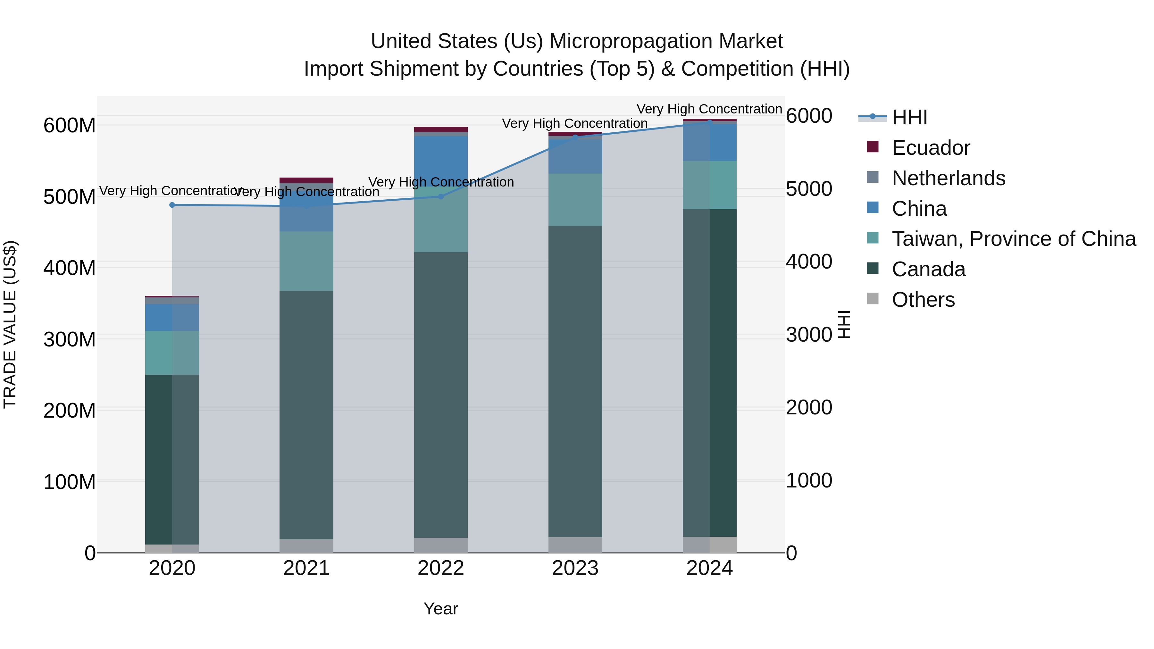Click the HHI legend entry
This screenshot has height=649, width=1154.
tap(909, 117)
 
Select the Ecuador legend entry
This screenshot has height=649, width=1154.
tap(931, 148)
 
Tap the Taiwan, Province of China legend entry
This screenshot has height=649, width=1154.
tap(1013, 239)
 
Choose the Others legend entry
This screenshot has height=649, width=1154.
tap(923, 300)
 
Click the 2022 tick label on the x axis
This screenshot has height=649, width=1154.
tap(440, 568)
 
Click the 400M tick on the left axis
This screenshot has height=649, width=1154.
tap(70, 268)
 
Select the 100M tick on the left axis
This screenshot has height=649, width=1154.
tap(70, 482)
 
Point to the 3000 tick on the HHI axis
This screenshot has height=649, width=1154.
tap(809, 335)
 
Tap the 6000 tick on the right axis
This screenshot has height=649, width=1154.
tap(809, 116)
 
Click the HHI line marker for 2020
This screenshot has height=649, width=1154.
tap(172, 205)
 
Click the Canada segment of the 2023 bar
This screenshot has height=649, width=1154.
tap(575, 381)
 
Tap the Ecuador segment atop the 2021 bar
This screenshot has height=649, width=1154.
tap(306, 180)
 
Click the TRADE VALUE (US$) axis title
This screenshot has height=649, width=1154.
tap(10, 324)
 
